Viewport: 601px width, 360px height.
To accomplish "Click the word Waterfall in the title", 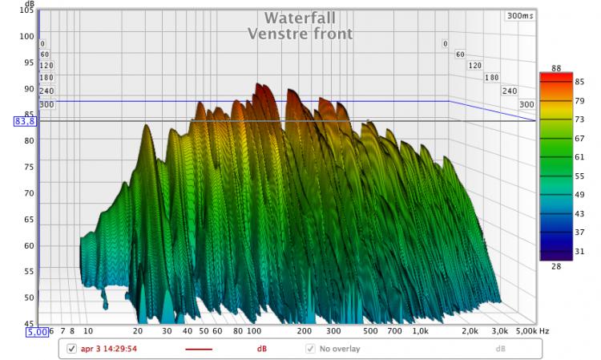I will [x=300, y=18].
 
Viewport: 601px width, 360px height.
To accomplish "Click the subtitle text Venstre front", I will [x=300, y=34].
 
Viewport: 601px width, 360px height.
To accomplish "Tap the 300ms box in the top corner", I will [x=519, y=15].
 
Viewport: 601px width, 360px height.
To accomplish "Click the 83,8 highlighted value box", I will [x=24, y=121].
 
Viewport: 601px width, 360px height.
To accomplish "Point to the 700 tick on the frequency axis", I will [x=393, y=330].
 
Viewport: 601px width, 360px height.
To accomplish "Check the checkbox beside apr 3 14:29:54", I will [x=71, y=349].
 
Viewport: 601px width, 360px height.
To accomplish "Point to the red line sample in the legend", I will [x=199, y=349].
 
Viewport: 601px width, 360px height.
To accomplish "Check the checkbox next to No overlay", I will [x=310, y=349].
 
